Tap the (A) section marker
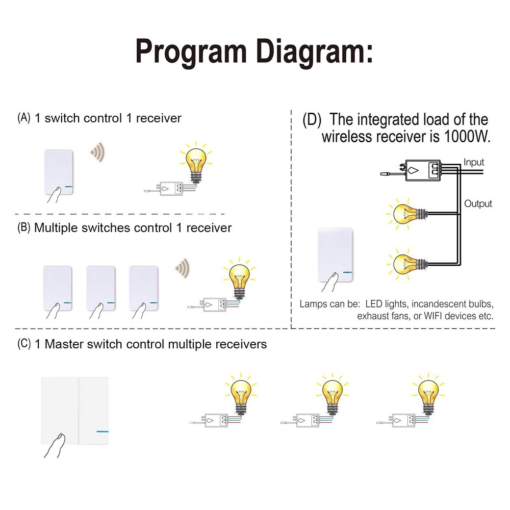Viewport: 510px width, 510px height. coord(24,118)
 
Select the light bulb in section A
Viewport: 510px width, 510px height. coord(195,161)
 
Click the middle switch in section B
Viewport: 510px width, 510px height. coord(101,287)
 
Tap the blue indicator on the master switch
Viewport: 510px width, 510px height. coord(102,431)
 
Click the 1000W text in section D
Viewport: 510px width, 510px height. coord(467,137)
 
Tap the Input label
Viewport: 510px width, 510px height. coord(473,163)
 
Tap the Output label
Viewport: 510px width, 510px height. coord(478,203)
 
